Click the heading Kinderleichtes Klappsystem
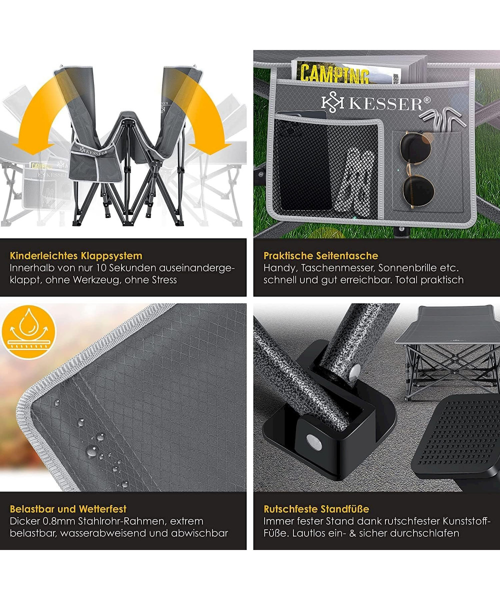coord(76,255)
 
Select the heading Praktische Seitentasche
coord(320,255)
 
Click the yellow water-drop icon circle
coord(28,332)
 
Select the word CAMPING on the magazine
coord(335,74)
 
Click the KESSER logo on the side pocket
coord(376,103)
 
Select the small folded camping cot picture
coord(447,352)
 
